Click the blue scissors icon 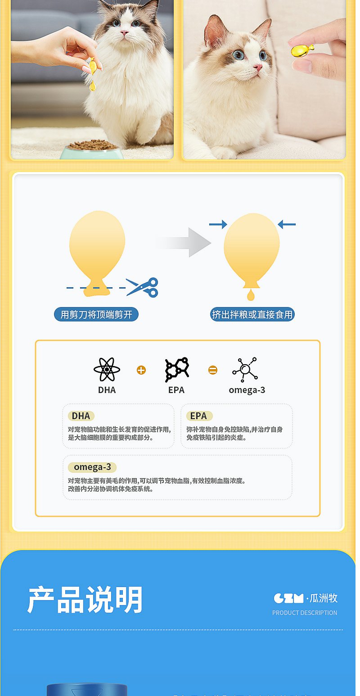tap(143, 287)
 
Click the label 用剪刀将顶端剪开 tap(96, 314)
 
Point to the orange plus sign tap(141, 370)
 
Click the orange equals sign tap(213, 370)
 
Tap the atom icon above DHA tap(107, 370)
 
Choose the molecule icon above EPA tap(177, 370)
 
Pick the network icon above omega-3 tap(245, 370)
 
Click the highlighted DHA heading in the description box tap(81, 416)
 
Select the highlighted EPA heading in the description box tap(198, 416)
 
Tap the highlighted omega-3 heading tap(92, 467)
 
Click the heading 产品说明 tap(85, 600)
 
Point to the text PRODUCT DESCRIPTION tap(305, 613)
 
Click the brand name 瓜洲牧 tap(324, 598)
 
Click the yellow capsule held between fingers tap(301, 50)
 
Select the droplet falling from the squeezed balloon tap(250, 295)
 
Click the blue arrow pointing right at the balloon tap(218, 224)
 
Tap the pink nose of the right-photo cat tap(257, 68)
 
